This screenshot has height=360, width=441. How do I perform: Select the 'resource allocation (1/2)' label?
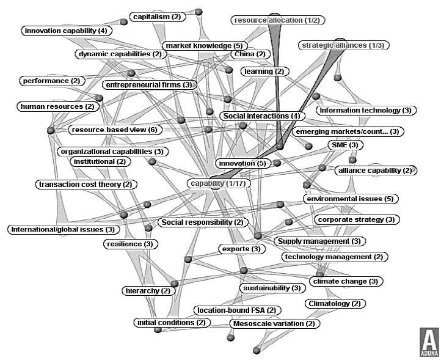[x=277, y=20]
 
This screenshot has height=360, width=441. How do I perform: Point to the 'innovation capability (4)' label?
[x=65, y=30]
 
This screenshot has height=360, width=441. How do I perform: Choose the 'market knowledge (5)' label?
[x=204, y=46]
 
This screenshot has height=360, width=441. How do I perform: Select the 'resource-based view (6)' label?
[x=114, y=130]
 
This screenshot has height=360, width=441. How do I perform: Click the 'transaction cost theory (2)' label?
[x=84, y=184]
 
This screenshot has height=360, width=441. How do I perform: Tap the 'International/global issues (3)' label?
[x=62, y=229]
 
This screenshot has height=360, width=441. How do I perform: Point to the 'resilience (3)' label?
[x=131, y=244]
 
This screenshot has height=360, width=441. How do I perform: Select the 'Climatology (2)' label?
[x=335, y=303]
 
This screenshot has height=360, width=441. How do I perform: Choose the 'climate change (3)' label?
[x=346, y=281]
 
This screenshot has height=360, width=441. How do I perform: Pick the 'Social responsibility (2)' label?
[x=202, y=222]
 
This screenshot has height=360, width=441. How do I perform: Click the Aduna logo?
[x=429, y=343]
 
